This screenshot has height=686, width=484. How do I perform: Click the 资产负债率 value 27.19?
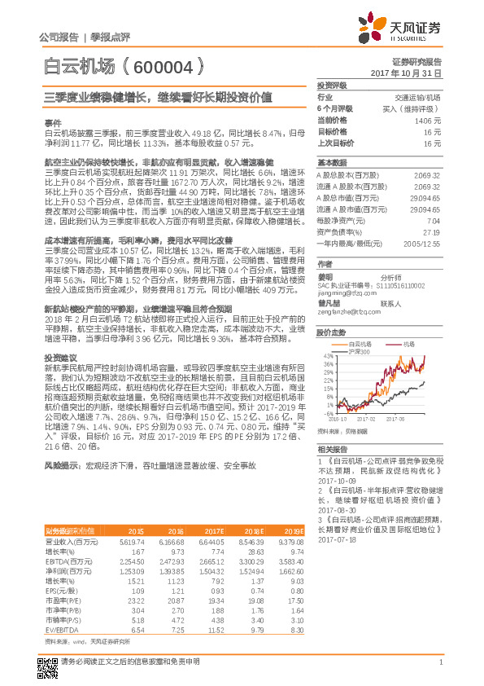pos(433,232)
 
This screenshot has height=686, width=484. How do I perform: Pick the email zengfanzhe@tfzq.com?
pos(345,310)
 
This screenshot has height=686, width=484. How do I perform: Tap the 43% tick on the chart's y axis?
pos(324,356)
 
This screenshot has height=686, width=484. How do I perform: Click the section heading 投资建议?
pos(59,336)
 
